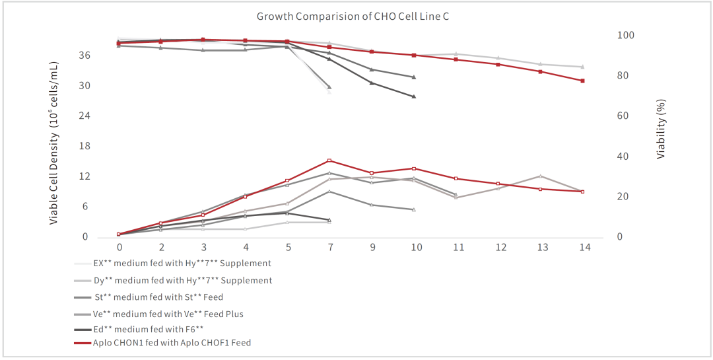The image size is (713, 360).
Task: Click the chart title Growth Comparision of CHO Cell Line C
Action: tap(353, 16)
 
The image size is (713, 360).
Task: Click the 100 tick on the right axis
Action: tap(625, 35)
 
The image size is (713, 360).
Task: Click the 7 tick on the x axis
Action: tap(329, 247)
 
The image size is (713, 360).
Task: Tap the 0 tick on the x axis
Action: tap(119, 247)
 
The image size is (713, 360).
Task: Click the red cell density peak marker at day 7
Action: tap(329, 161)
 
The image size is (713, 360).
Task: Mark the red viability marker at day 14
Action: tap(582, 81)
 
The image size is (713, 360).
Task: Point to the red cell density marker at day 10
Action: tap(413, 168)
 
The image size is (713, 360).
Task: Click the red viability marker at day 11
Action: tap(456, 59)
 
